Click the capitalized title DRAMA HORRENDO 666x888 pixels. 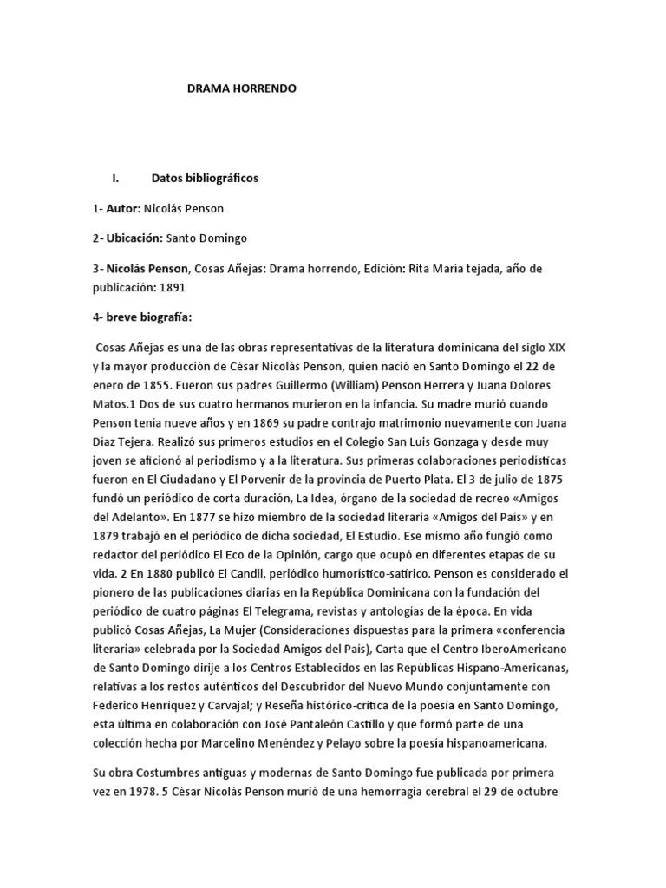242,88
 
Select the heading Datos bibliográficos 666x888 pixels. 205,179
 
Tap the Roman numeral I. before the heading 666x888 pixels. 115,179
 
